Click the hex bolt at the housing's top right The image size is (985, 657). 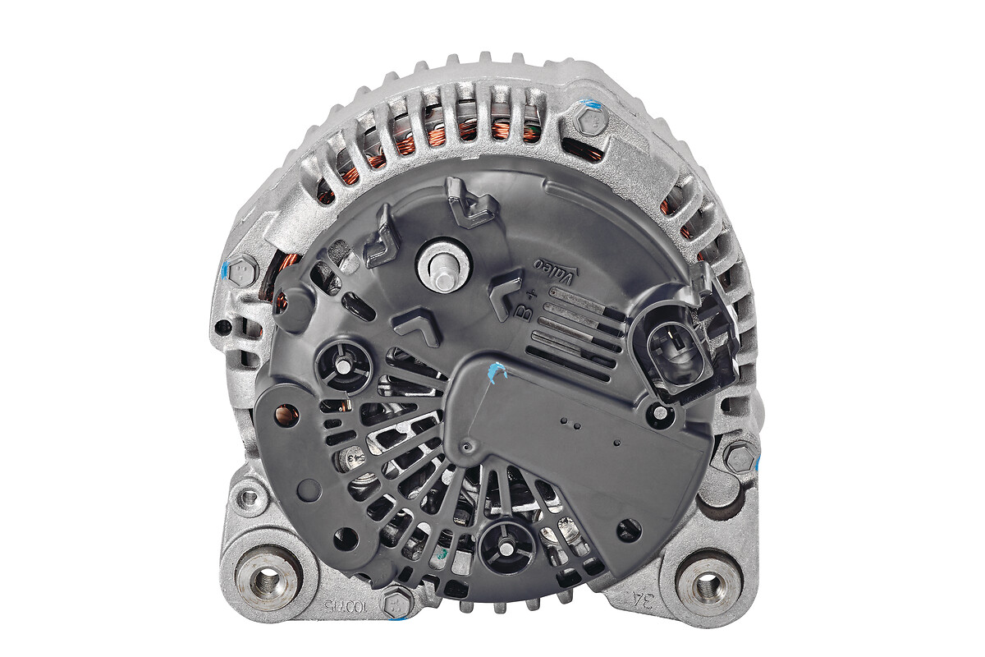[590, 120]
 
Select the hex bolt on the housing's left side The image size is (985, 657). [242, 269]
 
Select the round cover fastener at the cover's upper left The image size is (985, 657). [343, 367]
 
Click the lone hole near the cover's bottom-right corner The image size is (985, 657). [629, 530]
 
